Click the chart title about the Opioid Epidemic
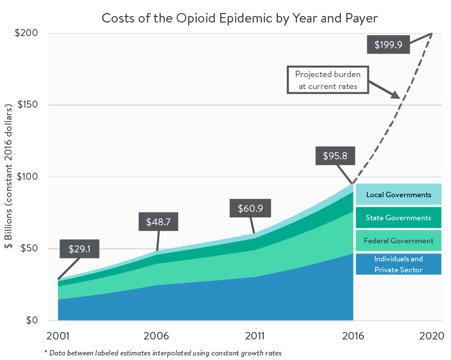coord(240,18)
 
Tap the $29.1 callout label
coord(80,249)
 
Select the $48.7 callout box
coord(158,222)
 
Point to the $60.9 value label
coord(249,208)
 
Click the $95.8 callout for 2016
coord(335,155)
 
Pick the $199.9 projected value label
coord(388,44)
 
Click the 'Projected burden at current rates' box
coord(328,80)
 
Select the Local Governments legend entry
coord(398,195)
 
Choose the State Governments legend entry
coord(398,218)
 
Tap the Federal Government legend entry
coord(398,241)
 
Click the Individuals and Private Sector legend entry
coord(398,264)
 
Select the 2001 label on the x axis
coord(58,336)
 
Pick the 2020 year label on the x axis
coord(431,336)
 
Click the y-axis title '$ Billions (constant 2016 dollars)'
coord(9,177)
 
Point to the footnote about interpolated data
coord(163,353)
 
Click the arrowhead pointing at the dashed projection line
coord(395,95)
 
